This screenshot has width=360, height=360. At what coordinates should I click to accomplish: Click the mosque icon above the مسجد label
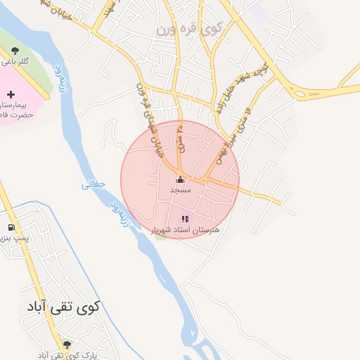click(180, 179)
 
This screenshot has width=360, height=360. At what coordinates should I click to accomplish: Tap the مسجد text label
click(180, 190)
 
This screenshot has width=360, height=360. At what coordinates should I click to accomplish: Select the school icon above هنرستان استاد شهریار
click(185, 219)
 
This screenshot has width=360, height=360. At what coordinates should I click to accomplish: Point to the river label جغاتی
click(94, 185)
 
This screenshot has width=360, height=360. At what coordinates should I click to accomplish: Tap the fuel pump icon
click(10, 227)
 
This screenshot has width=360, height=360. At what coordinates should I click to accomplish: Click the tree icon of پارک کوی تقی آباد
click(67, 345)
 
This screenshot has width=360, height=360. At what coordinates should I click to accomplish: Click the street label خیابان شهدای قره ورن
click(148, 112)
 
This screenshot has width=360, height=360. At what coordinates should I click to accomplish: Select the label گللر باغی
click(15, 61)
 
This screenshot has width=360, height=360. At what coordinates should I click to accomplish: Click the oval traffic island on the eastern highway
click(311, 92)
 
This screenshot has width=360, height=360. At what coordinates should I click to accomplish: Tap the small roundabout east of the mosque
click(204, 180)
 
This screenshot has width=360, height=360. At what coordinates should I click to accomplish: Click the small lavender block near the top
click(259, 12)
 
